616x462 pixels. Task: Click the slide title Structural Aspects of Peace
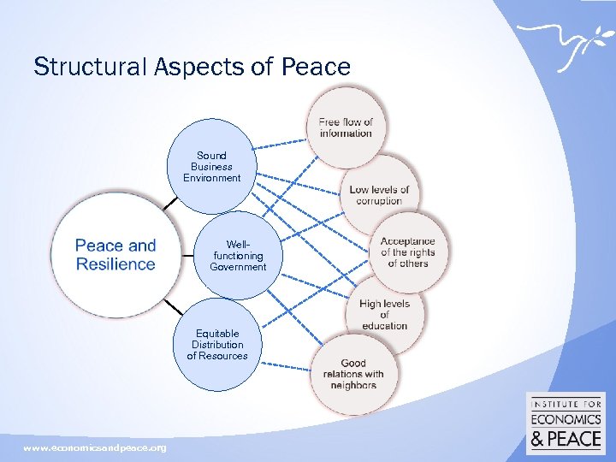click(x=192, y=67)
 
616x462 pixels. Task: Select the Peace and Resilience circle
click(x=115, y=255)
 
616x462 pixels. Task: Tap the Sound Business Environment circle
click(x=211, y=167)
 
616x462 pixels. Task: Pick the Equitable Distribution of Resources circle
click(x=217, y=345)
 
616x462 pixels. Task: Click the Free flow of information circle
click(x=346, y=127)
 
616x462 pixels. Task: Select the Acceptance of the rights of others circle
click(x=407, y=252)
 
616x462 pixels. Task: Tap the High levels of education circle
click(x=384, y=314)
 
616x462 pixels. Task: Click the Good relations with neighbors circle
click(x=353, y=374)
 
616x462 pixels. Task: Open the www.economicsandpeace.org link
click(x=95, y=448)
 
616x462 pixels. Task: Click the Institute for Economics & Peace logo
click(x=566, y=423)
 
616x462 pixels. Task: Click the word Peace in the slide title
click(x=317, y=67)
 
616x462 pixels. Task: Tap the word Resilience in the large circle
click(x=115, y=264)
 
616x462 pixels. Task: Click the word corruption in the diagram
click(x=379, y=201)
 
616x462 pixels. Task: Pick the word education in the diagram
click(x=384, y=326)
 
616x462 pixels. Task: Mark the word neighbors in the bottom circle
click(x=353, y=385)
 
